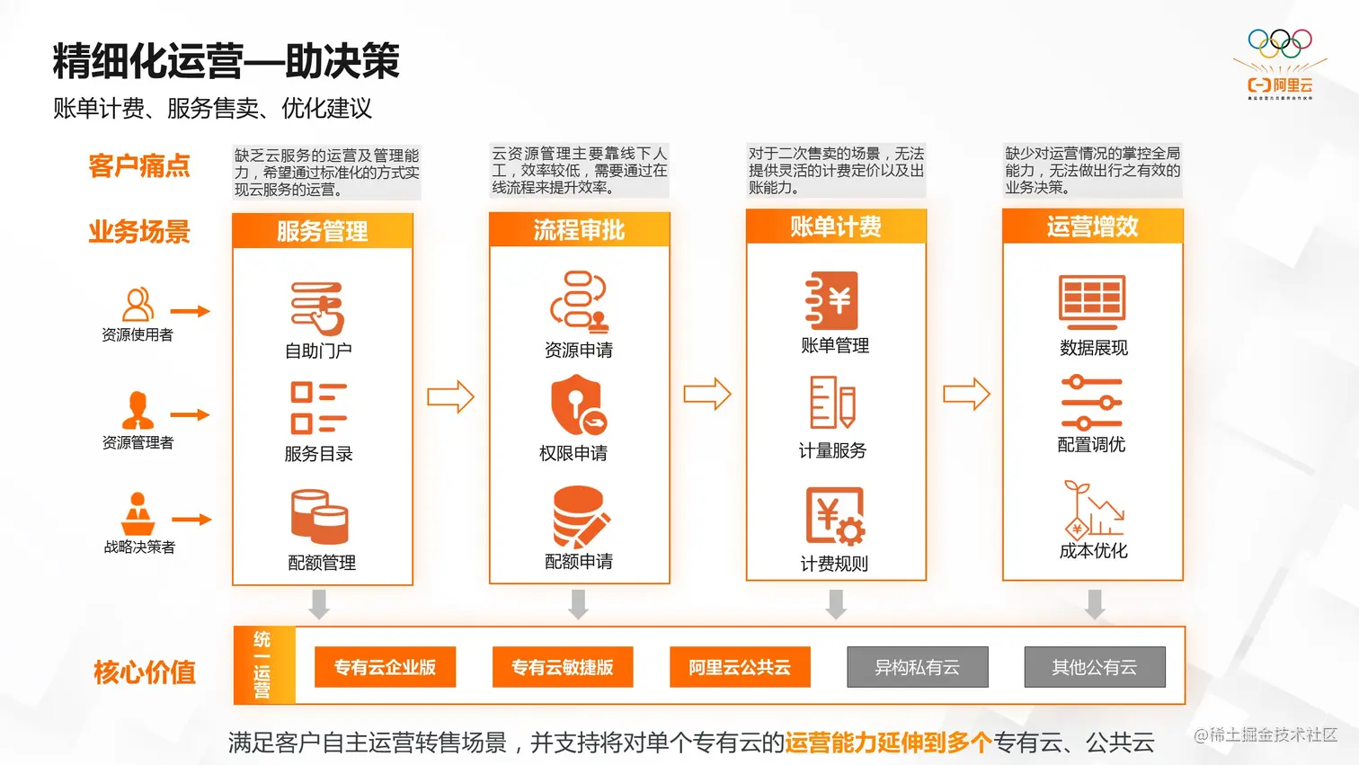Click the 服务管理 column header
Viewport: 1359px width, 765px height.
coord(322,230)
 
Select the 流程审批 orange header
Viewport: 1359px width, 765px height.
coord(580,229)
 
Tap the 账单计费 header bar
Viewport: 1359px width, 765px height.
coord(836,227)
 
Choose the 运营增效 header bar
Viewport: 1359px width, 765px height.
coord(1093,226)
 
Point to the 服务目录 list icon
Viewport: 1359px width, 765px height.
coord(318,408)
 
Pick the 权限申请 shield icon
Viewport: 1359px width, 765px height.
coord(578,405)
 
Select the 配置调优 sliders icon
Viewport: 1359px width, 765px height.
coord(1091,403)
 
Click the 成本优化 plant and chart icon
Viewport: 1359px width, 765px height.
coord(1093,510)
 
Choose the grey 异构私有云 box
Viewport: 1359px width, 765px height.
coord(918,667)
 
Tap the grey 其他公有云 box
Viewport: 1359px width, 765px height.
coord(1095,667)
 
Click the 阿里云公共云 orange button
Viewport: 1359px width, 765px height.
coord(740,667)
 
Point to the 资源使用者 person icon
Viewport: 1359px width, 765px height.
coord(138,304)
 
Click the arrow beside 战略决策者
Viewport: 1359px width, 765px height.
coord(191,520)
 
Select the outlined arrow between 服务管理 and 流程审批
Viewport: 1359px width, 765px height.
coord(451,396)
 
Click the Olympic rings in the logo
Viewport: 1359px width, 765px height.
coord(1280,44)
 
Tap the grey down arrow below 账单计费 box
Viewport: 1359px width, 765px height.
coord(836,604)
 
